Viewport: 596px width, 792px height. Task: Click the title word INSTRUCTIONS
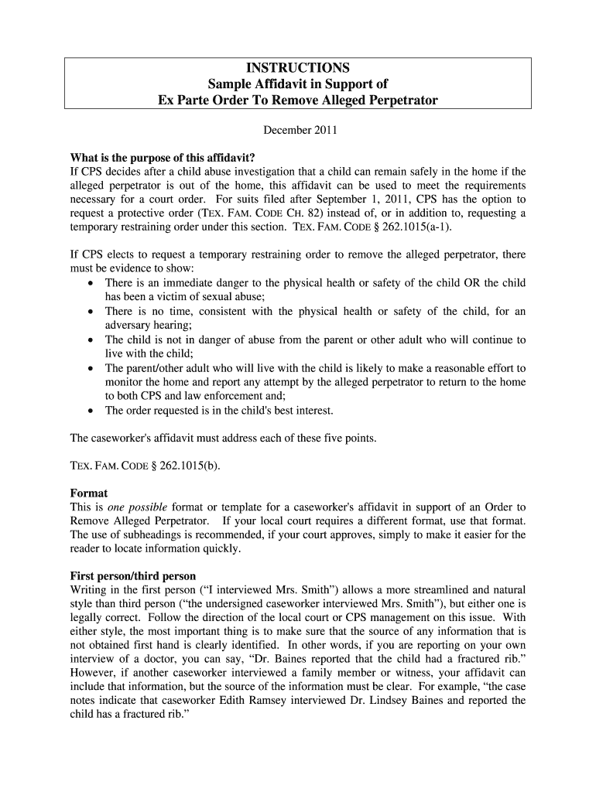[x=298, y=68]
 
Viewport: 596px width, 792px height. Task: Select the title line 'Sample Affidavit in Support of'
[x=298, y=84]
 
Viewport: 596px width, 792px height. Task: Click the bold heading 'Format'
[x=89, y=493]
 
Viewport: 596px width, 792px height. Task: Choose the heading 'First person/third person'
[x=133, y=576]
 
